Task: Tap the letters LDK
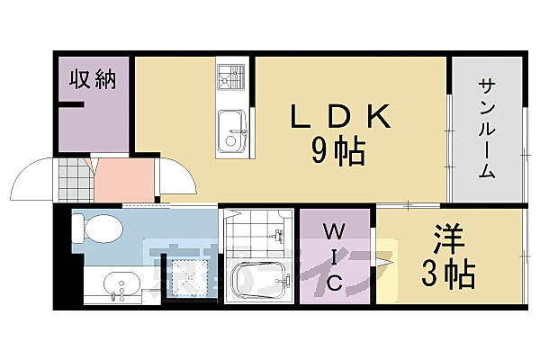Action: pos(340,118)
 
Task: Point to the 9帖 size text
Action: pos(339,151)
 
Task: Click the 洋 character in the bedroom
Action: pos(447,240)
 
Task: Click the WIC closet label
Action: pos(333,257)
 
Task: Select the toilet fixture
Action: pos(96,229)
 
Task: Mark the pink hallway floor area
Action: pos(121,180)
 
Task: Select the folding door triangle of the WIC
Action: pos(384,262)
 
